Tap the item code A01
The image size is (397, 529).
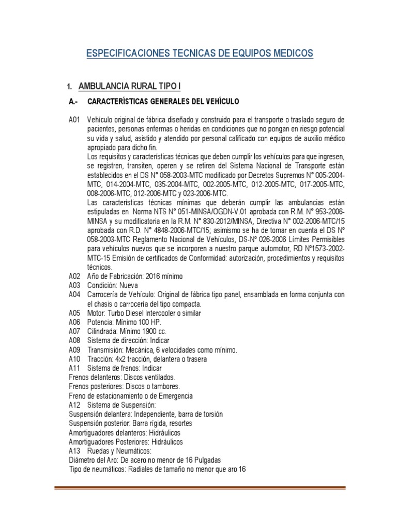pyautogui.click(x=75, y=119)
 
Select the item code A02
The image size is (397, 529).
pyautogui.click(x=75, y=276)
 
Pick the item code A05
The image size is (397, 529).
pyautogui.click(x=75, y=313)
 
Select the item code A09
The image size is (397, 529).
pyautogui.click(x=75, y=350)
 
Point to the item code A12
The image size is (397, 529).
pyautogui.click(x=75, y=406)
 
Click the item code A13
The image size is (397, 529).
pyautogui.click(x=75, y=451)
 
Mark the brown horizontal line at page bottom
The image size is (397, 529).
pyautogui.click(x=200, y=487)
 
